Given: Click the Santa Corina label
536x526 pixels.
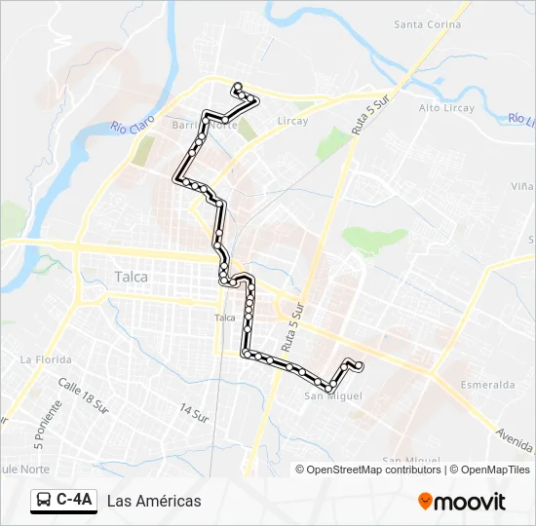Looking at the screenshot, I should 428,24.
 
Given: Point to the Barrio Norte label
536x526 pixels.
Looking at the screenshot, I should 204,126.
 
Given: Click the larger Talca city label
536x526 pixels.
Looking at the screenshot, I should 132,277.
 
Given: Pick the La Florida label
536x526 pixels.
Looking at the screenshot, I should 46,359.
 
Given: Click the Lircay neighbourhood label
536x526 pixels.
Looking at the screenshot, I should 292,121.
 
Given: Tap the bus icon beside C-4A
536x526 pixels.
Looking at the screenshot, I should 44,501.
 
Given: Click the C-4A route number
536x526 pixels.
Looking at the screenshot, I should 74,501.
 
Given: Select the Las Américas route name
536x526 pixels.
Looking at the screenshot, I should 154,501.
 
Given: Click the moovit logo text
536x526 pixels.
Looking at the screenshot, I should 470,502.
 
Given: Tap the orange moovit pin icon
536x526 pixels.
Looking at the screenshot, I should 425,501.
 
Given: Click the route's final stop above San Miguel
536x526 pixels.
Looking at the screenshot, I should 360,366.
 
